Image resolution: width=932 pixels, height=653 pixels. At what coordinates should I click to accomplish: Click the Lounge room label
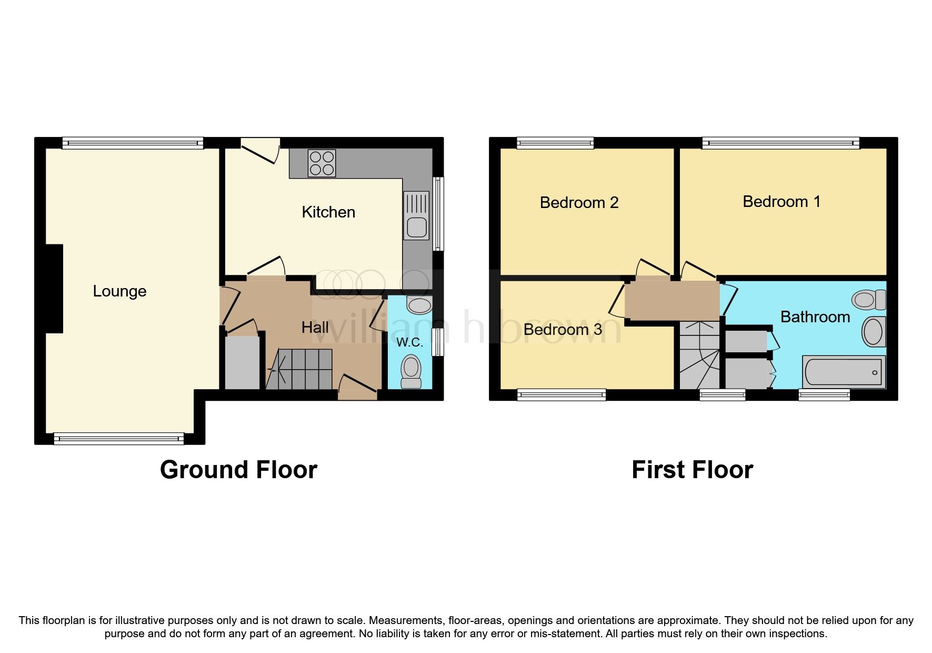119,291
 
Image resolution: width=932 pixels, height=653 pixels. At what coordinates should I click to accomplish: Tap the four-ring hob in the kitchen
322,163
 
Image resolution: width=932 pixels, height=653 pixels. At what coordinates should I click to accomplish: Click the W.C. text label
409,342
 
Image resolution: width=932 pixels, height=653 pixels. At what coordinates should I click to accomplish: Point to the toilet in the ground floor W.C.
411,371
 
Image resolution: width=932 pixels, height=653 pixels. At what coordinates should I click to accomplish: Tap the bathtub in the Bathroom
844,372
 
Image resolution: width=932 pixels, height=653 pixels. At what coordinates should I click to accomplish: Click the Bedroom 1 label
781,202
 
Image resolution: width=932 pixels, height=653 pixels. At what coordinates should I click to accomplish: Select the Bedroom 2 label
579,203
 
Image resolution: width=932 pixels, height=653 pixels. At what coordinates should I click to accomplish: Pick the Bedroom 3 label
563,330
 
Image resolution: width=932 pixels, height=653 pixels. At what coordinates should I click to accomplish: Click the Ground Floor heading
238,470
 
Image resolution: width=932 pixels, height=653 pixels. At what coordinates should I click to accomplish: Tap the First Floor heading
692,470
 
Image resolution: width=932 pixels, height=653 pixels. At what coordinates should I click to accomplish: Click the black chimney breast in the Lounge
54,289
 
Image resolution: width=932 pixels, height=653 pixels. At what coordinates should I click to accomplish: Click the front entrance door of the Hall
357,391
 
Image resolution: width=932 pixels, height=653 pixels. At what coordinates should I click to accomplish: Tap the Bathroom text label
815,317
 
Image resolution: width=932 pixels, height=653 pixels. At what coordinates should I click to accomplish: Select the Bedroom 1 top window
780,143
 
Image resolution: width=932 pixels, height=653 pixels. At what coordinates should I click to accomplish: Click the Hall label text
315,328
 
